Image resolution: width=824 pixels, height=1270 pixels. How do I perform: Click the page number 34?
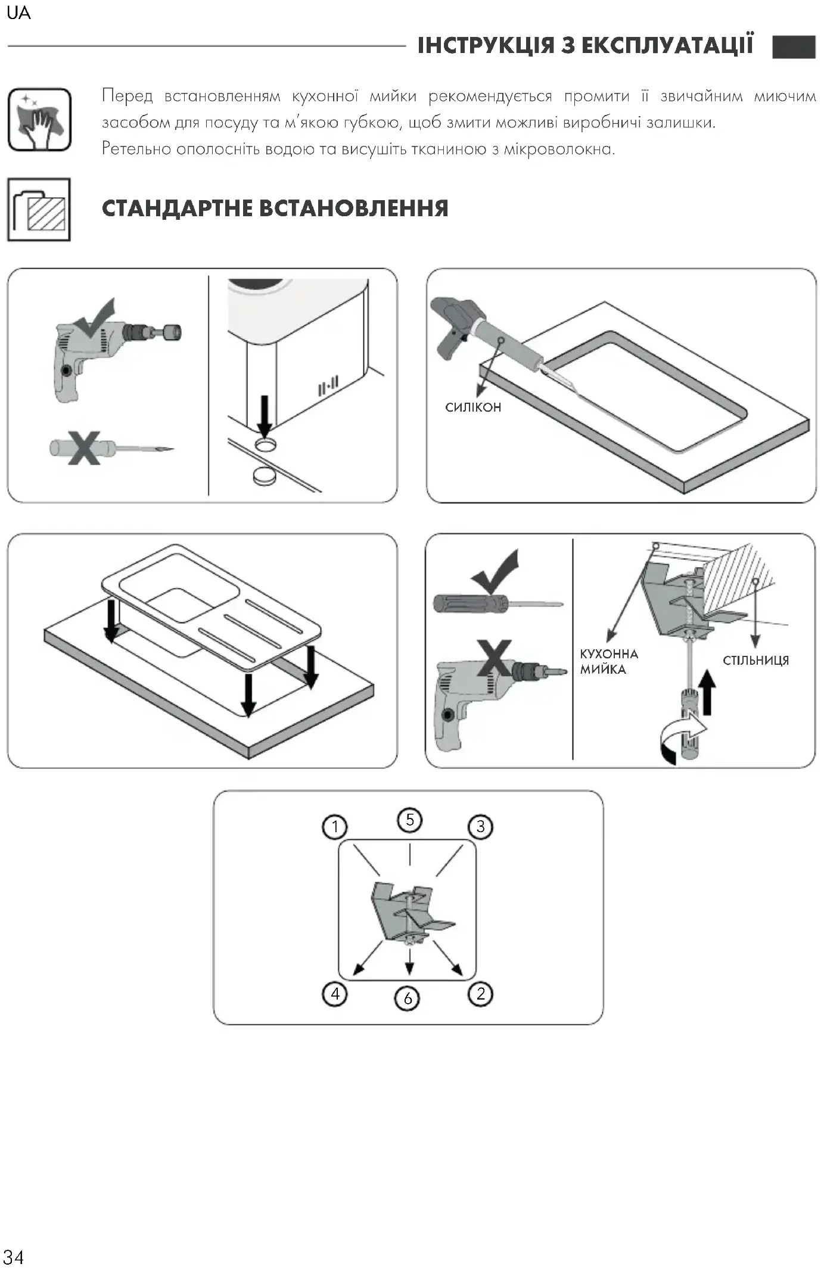pos(14,1256)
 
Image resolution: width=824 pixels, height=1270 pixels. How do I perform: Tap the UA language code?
pos(18,13)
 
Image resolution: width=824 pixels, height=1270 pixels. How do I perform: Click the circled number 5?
pos(409,820)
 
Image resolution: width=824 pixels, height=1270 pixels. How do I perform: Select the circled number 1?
pos(334,826)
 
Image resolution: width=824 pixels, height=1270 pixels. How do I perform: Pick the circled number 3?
pos(480,826)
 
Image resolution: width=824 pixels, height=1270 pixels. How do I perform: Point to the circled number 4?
pos(335,993)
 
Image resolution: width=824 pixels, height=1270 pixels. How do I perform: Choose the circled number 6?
pos(408,998)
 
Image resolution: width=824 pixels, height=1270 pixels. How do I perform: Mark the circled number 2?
pos(480,993)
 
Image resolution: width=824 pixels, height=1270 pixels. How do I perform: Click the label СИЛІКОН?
pos(473,407)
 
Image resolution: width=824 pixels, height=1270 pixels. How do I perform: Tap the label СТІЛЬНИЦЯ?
pos(755,660)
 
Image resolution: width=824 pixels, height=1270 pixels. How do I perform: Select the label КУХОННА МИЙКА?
pos(608,661)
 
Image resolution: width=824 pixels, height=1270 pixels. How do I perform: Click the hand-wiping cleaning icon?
pos(39,120)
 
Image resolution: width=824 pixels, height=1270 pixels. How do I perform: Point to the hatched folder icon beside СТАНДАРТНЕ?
pos(39,210)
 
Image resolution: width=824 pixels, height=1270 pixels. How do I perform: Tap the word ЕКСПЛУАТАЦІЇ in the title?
pos(667,46)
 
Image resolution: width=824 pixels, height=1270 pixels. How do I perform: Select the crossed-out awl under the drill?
pos(110,448)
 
